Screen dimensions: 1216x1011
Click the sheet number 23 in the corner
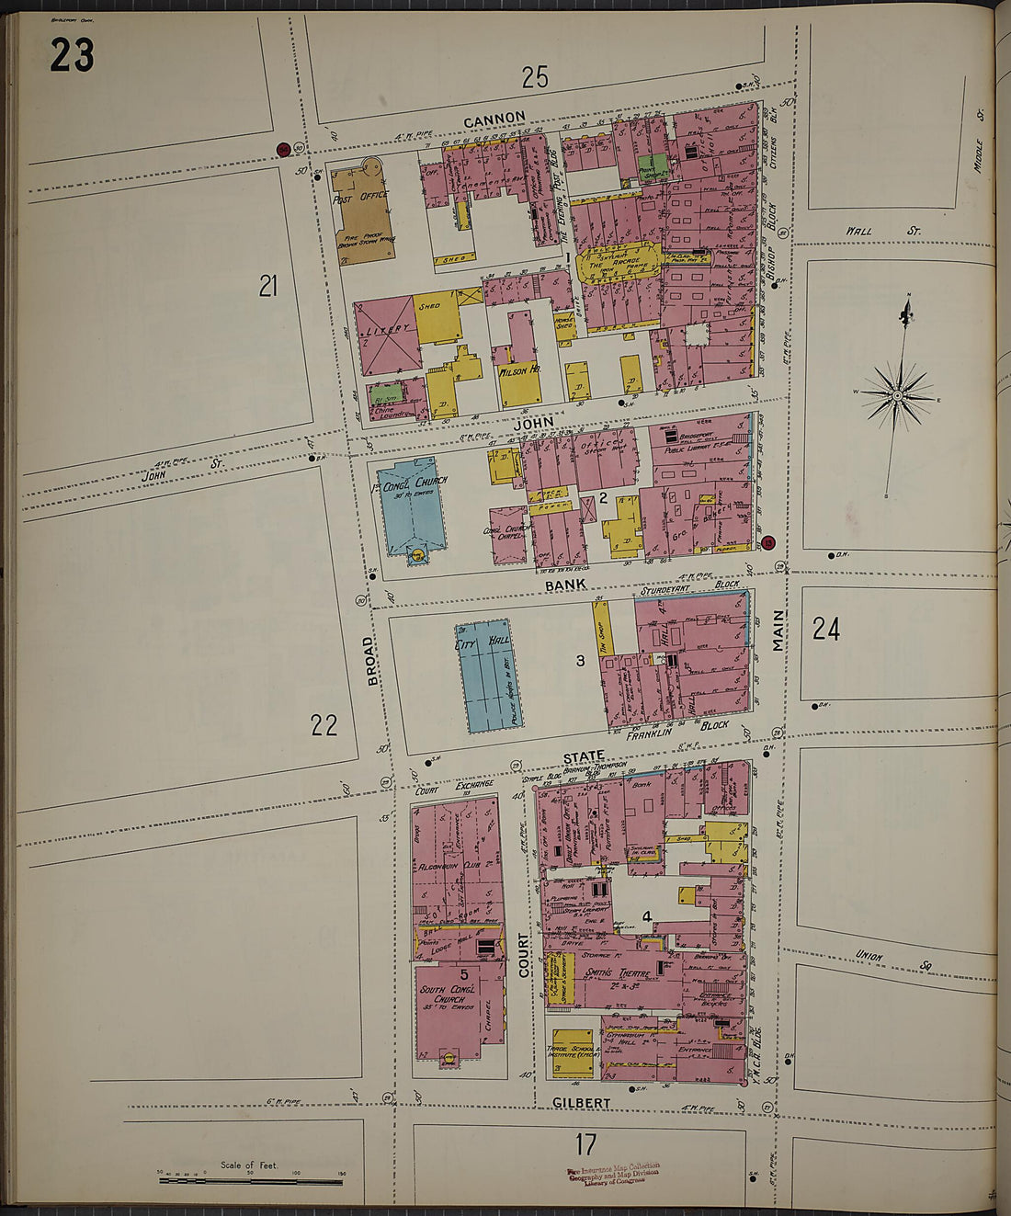(72, 55)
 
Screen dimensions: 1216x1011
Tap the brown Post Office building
(362, 216)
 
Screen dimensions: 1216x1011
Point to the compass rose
(896, 395)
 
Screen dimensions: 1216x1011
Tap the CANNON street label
(494, 119)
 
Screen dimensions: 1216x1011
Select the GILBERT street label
(581, 1102)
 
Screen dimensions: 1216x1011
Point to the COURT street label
(524, 956)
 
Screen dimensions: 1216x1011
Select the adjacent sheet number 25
(534, 78)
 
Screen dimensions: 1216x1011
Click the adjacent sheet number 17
(585, 1144)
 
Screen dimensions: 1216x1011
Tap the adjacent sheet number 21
(267, 287)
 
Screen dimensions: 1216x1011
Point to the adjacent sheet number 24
(825, 629)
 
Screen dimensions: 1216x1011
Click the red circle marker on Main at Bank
(768, 542)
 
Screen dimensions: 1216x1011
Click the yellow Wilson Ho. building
(519, 372)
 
